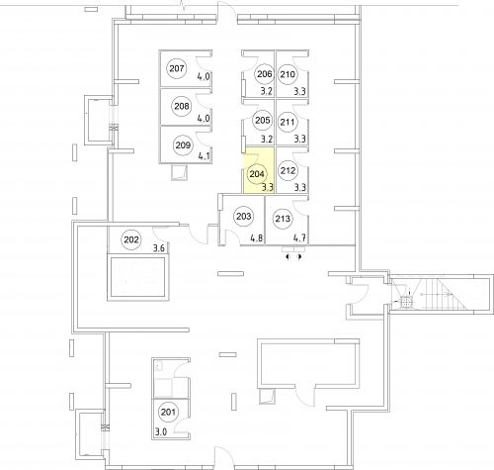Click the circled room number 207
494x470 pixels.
pos(177,68)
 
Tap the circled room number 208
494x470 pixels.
pos(182,106)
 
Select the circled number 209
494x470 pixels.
pos(183,144)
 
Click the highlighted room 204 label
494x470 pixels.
pos(257,174)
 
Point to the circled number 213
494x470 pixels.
pos(283,219)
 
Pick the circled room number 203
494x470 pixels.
pos(244,217)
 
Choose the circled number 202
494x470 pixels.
pos(131,239)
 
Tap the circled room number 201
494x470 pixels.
pos(168,412)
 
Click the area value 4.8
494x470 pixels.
pos(257,237)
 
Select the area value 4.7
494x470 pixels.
pos(299,237)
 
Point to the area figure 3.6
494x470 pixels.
pos(159,247)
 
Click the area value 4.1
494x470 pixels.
pos(204,155)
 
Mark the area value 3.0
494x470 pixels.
pos(161,431)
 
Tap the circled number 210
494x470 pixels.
pos(288,74)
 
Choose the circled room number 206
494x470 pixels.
pos(265,74)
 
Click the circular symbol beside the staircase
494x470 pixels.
pos(406,302)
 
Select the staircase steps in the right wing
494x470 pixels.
pos(445,294)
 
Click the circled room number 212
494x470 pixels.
pos(288,170)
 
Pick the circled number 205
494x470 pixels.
pos(263,121)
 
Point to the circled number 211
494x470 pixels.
pos(288,123)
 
